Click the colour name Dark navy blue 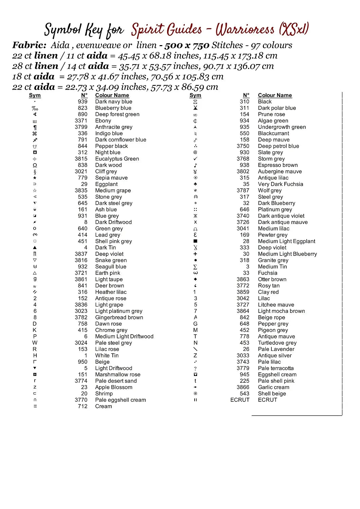(113, 101)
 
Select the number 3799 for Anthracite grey (81, 127)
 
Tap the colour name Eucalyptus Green (117, 159)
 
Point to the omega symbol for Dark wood (35, 165)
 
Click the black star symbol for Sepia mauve (35, 178)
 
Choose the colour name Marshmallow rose (118, 375)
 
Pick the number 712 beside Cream (83, 406)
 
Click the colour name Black (265, 101)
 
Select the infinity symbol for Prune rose (195, 115)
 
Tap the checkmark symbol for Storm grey (195, 159)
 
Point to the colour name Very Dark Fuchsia (280, 184)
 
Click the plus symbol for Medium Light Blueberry (195, 254)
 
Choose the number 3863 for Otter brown (243, 279)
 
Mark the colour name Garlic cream (273, 387)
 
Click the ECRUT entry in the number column (240, 400)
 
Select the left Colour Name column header (112, 95)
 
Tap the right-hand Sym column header (195, 95)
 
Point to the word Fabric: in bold (29, 45)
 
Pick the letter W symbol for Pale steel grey (35, 343)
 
